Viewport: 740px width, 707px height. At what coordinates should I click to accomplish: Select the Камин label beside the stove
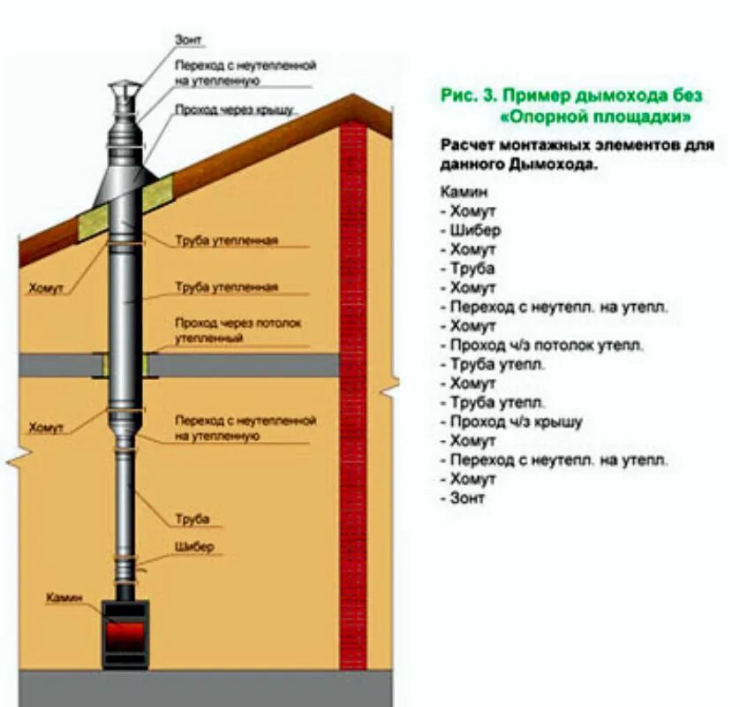pos(64,598)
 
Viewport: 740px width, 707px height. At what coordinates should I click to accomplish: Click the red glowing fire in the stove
pos(125,635)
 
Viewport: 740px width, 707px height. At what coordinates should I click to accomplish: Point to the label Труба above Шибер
pos(193,519)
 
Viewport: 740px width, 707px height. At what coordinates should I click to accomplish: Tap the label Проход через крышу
pos(234,110)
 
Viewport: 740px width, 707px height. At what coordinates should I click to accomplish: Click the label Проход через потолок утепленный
pos(238,331)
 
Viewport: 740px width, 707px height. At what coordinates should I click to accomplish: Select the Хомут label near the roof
pos(45,288)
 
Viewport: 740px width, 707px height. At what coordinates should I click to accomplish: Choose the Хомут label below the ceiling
pos(46,428)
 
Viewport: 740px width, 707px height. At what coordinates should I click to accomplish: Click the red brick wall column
pos(352,398)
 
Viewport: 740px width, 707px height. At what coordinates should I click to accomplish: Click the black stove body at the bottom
pos(123,655)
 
